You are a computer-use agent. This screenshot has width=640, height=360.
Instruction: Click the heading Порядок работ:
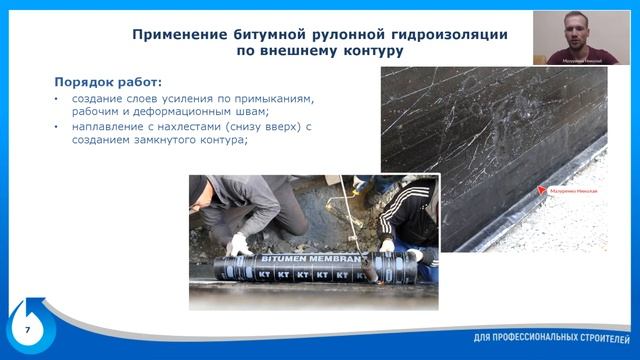point(107,81)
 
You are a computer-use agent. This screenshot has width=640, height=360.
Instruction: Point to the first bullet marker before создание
point(57,99)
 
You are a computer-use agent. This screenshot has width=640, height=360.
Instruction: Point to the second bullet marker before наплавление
point(57,127)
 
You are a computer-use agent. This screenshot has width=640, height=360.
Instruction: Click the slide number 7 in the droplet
point(27,328)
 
